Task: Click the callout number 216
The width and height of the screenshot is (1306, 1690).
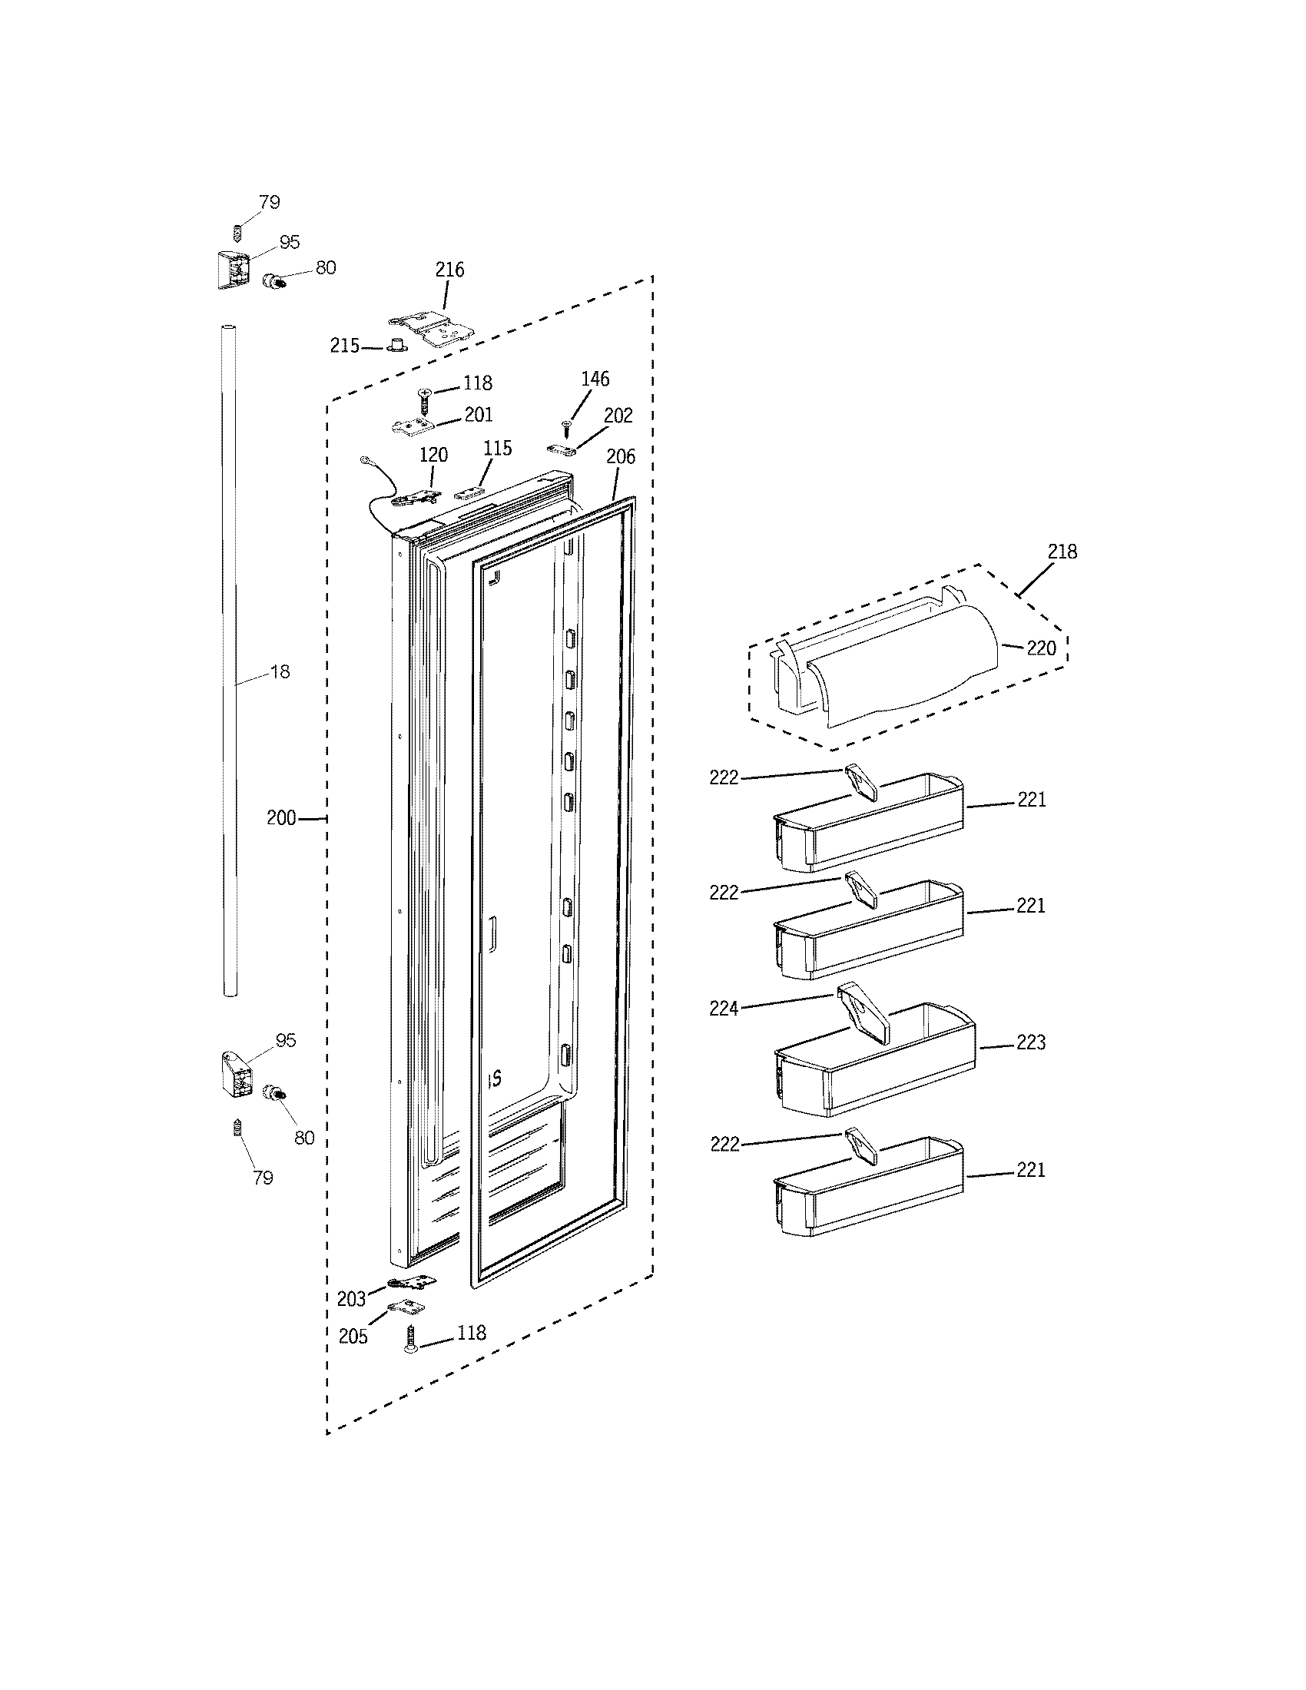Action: click(449, 270)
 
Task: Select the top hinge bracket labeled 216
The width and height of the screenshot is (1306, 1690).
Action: click(430, 329)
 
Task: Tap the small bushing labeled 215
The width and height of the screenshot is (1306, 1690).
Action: click(398, 344)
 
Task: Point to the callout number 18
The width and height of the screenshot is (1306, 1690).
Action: click(280, 671)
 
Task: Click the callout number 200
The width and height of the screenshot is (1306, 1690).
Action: click(282, 818)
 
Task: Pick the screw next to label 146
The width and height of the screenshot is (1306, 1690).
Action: click(566, 423)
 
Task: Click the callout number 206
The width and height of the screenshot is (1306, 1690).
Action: click(621, 456)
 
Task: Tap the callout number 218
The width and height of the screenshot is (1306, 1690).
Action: click(1062, 552)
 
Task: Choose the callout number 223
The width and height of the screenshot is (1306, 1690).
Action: click(1031, 1042)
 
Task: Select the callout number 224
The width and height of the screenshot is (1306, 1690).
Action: click(724, 1009)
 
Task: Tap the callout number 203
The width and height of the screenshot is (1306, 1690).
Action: click(351, 1299)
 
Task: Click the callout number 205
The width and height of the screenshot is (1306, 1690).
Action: click(353, 1337)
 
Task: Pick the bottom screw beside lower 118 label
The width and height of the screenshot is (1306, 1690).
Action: click(410, 1338)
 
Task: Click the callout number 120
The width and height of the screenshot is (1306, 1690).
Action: click(433, 455)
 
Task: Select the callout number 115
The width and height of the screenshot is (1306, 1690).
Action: click(498, 448)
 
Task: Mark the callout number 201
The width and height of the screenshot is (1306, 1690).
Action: click(478, 415)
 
